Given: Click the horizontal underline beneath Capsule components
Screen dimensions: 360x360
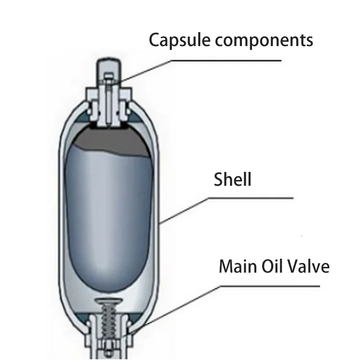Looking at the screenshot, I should tap(245, 61).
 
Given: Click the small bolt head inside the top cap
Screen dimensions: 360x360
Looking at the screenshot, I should tap(109, 78).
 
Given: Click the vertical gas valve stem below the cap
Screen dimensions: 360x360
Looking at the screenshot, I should tap(109, 108).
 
